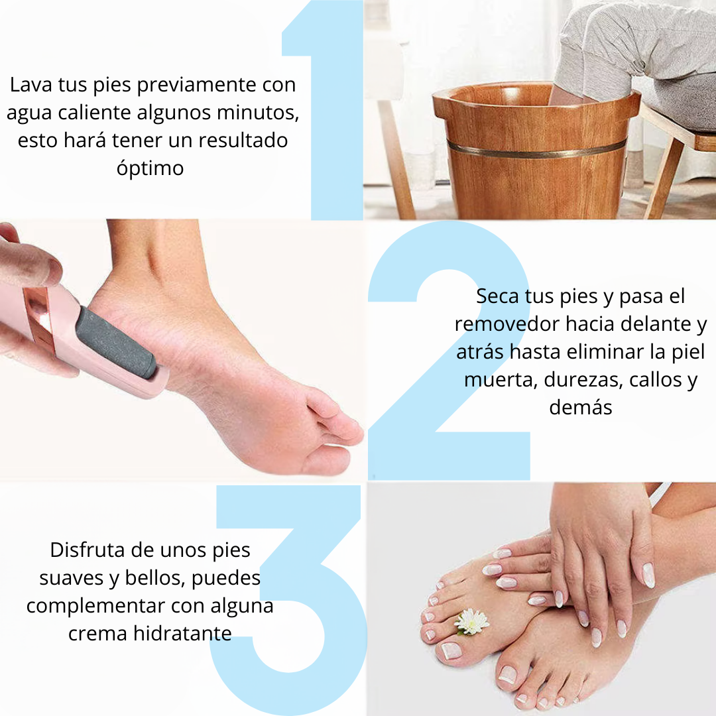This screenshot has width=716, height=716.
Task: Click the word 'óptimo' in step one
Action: click(150, 168)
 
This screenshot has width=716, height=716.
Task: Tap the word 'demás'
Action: click(580, 407)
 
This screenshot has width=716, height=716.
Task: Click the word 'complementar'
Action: click(95, 605)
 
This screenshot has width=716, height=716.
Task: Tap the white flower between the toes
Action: click(473, 621)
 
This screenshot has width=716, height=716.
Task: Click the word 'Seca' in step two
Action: click(497, 296)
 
